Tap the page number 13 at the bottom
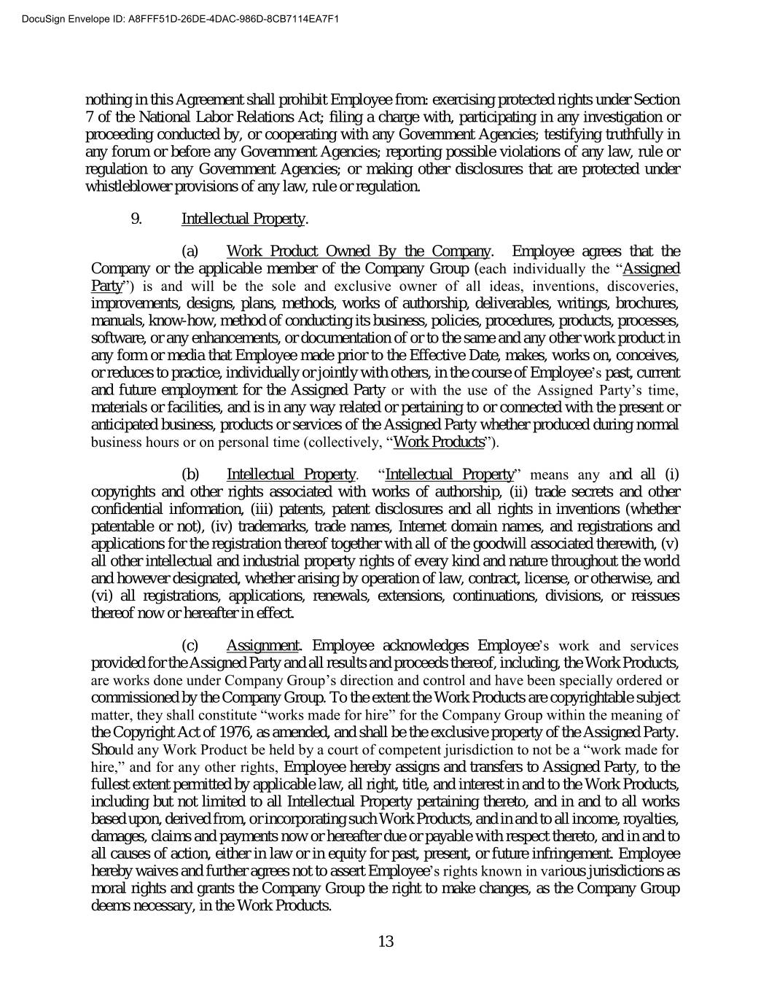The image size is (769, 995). pyautogui.click(x=386, y=941)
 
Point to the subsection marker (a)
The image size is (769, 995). pyautogui.click(x=190, y=252)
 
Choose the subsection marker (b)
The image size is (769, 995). pyautogui.click(x=190, y=475)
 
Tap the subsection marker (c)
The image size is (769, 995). pyautogui.click(x=190, y=645)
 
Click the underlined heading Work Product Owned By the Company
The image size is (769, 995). pyautogui.click(x=359, y=252)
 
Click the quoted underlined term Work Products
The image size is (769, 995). pyautogui.click(x=438, y=442)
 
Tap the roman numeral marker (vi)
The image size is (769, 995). pyautogui.click(x=101, y=596)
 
